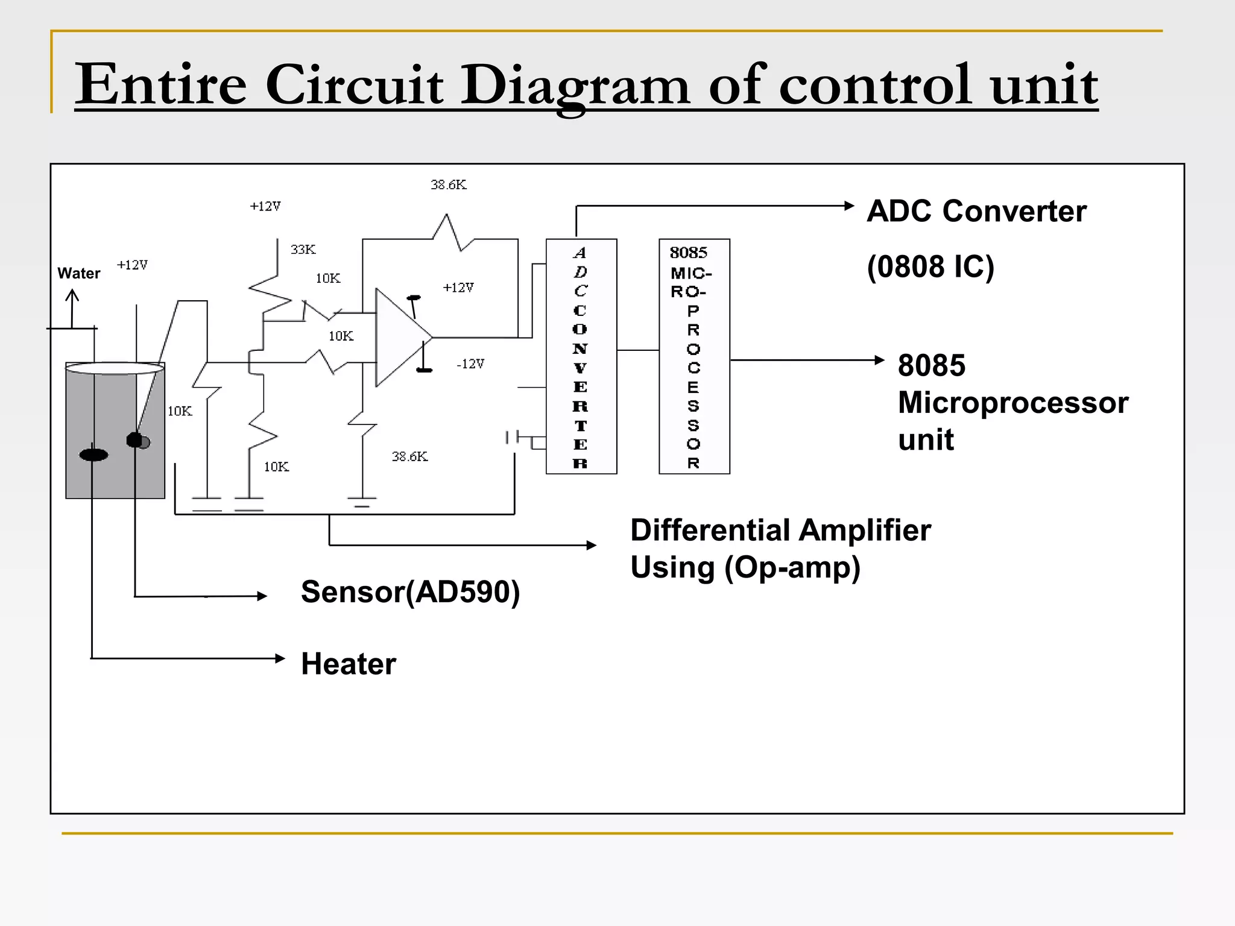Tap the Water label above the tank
tap(78, 273)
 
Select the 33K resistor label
tap(303, 249)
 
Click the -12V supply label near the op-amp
tap(470, 364)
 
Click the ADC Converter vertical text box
tap(581, 356)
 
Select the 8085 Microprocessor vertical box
tap(693, 356)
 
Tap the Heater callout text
tap(348, 664)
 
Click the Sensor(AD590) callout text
tap(410, 591)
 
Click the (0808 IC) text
tap(930, 266)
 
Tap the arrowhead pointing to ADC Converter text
tap(849, 206)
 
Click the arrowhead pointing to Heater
tap(280, 658)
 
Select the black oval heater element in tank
tap(93, 455)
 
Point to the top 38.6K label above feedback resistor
tap(448, 184)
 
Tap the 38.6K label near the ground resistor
tap(409, 456)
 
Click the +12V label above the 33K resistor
tap(265, 206)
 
